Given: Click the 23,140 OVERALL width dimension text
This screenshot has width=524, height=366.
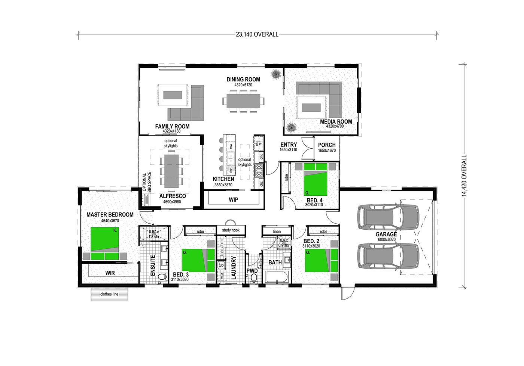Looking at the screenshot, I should point(257,34).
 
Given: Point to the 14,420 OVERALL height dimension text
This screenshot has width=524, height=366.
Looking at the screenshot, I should point(464,176).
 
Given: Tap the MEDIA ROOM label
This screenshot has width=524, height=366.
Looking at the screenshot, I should point(336,121).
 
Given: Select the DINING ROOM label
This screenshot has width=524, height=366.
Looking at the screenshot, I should point(243,79).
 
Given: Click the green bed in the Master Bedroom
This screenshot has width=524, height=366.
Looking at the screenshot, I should point(105,243).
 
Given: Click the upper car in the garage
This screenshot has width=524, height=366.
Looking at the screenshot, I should point(388,217).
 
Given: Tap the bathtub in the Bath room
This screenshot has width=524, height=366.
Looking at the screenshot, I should point(277,277).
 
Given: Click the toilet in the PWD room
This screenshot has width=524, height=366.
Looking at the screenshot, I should point(254,277).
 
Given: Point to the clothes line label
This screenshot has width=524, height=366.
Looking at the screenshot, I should point(109,294).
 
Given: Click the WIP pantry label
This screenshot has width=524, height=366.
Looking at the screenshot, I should point(234,199).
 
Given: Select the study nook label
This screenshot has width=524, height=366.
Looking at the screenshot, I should point(231,230).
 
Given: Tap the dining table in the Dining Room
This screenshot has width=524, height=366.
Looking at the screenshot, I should point(243,100).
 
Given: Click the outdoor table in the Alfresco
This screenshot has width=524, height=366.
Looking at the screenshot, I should point(171,171).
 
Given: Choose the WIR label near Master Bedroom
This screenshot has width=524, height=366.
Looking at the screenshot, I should point(110,273).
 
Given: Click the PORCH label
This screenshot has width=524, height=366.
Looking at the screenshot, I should point(327,145).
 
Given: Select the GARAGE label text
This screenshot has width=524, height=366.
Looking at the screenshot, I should point(386,235).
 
